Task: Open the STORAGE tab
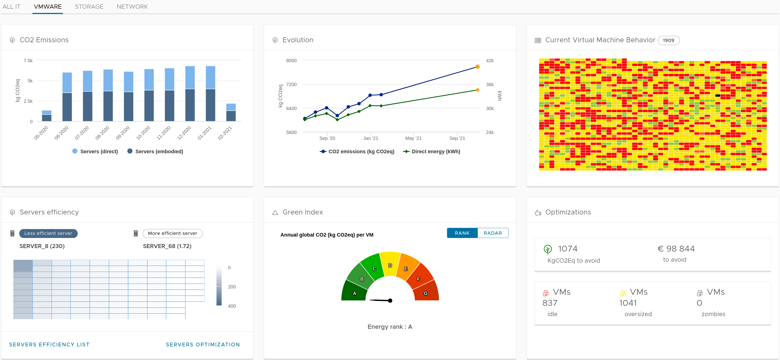coord(89,7)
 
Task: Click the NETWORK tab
coord(132,7)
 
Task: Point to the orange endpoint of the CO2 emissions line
coord(478,67)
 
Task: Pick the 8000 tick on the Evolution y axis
coord(291,61)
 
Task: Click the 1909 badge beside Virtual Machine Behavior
coord(668,40)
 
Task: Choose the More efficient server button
coord(172,233)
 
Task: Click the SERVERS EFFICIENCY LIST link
coord(49,344)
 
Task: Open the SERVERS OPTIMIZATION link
coord(203,344)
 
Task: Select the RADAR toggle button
coord(493,233)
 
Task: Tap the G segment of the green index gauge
coord(426,292)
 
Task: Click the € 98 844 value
coord(676,249)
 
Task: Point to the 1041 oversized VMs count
coord(628,303)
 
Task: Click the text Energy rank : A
coord(390,326)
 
